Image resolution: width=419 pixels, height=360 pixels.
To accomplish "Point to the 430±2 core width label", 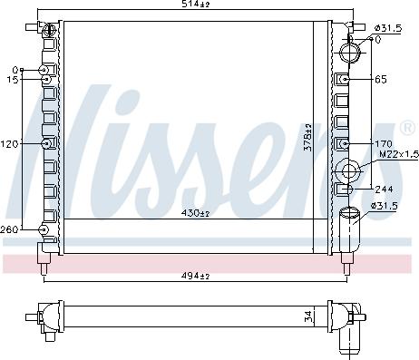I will tap(194, 214).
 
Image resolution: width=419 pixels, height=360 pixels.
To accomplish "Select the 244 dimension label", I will tap(384, 190).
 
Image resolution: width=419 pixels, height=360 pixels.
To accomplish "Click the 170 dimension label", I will tap(384, 143).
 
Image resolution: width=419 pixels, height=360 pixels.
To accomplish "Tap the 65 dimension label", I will tap(381, 80).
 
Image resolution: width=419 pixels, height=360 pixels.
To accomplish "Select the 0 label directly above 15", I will tap(15, 70).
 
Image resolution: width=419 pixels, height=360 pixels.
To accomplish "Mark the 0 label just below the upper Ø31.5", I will tap(377, 39).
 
